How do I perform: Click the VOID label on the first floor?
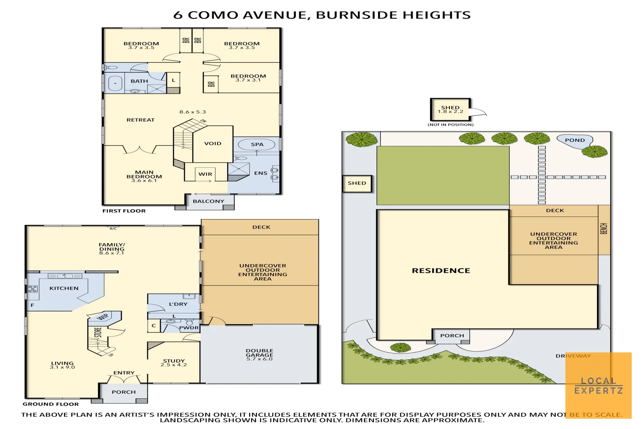pyautogui.click(x=213, y=143)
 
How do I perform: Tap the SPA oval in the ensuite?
pyautogui.click(x=257, y=144)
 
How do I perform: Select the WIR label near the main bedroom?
pyautogui.click(x=205, y=174)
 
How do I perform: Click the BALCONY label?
pyautogui.click(x=208, y=201)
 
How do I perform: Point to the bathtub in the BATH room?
pyautogui.click(x=115, y=83)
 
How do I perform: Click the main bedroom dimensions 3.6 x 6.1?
pyautogui.click(x=144, y=181)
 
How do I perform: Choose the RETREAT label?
pyautogui.click(x=140, y=120)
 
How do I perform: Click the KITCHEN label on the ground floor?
pyautogui.click(x=64, y=288)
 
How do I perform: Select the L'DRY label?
pyautogui.click(x=178, y=304)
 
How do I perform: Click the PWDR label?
pyautogui.click(x=188, y=328)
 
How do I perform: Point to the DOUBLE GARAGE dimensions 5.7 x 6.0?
pyautogui.click(x=259, y=359)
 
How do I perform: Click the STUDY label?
pyautogui.click(x=174, y=361)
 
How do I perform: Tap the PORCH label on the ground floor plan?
pyautogui.click(x=124, y=392)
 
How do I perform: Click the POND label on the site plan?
pyautogui.click(x=574, y=140)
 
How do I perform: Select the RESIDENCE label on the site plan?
pyautogui.click(x=441, y=271)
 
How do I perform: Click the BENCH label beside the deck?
pyautogui.click(x=603, y=228)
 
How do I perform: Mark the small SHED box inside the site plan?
pyautogui.click(x=357, y=184)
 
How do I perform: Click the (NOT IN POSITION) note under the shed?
pyautogui.click(x=450, y=125)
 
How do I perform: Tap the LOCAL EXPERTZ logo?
pyautogui.click(x=598, y=386)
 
